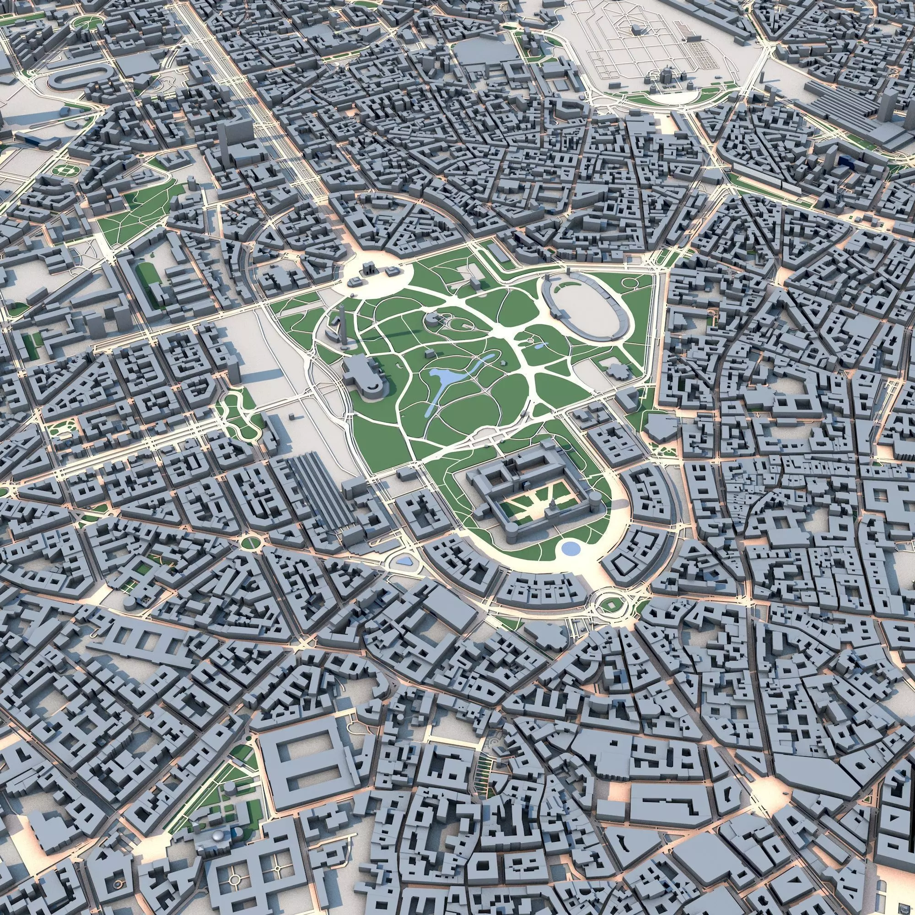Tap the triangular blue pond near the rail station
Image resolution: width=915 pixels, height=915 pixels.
coord(404,562)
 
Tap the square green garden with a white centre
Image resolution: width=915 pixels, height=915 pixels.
coord(64,169)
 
